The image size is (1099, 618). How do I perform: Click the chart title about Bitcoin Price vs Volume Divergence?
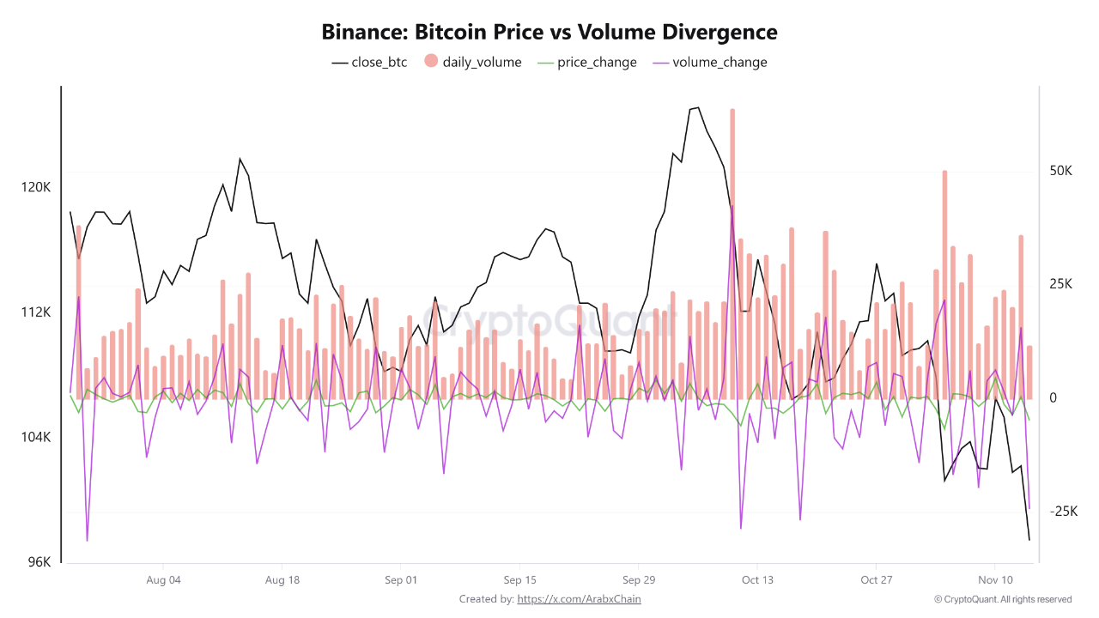(x=549, y=33)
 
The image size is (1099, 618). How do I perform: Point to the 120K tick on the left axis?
(x=36, y=187)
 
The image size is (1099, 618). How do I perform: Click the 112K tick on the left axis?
(x=36, y=312)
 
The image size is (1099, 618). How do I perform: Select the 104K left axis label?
(x=36, y=438)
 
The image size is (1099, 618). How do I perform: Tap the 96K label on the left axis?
(x=39, y=562)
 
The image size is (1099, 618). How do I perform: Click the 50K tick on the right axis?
(x=1061, y=171)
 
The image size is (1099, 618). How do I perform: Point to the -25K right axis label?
(x=1063, y=512)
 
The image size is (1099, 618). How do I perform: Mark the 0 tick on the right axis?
(x=1053, y=398)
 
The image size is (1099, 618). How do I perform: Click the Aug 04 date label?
(x=163, y=580)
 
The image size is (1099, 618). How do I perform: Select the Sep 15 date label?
(x=519, y=580)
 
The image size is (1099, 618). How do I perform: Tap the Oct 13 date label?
(x=757, y=580)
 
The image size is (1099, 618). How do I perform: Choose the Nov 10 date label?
(x=994, y=580)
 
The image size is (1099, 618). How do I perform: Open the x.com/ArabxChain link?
(x=579, y=599)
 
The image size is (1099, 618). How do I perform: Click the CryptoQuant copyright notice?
(x=1003, y=599)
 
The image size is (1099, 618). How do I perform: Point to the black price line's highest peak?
(x=697, y=108)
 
